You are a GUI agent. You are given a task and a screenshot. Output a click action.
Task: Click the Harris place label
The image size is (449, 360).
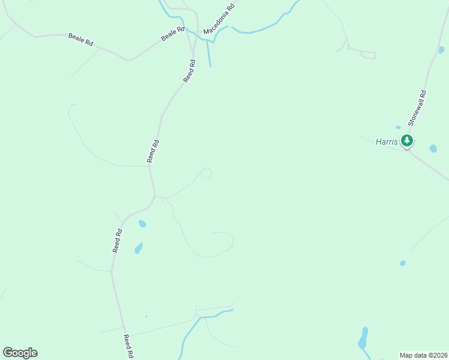click(x=387, y=142)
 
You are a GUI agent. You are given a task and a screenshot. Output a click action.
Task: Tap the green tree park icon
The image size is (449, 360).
click(x=408, y=142)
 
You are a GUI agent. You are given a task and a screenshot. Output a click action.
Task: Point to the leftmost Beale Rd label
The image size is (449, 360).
click(x=80, y=40)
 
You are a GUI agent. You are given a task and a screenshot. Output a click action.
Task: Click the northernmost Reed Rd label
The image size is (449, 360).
click(x=190, y=71)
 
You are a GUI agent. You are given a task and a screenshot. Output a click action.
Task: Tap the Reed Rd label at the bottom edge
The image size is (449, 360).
click(x=128, y=347)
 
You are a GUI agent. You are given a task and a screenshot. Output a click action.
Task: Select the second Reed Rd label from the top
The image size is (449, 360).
click(x=154, y=151)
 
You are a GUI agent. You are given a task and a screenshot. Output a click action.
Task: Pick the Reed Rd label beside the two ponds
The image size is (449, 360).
click(x=118, y=241)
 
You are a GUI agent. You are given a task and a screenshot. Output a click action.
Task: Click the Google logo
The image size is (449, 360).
click(x=20, y=353)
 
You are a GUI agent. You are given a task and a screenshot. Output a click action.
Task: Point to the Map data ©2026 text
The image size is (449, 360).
click(x=423, y=355)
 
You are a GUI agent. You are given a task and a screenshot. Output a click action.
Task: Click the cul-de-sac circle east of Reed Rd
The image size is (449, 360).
click(x=206, y=173)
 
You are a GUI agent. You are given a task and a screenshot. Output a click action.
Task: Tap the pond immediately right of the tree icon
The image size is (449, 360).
click(x=433, y=148)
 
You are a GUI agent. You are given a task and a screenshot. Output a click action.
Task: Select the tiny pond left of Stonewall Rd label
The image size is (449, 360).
click(x=398, y=127)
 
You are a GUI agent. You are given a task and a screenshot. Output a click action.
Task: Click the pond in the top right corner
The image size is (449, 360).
click(x=441, y=50)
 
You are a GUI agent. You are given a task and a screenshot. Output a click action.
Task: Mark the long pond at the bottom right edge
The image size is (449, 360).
click(x=363, y=340)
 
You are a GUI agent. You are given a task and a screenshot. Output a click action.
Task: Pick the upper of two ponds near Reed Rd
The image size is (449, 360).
click(x=142, y=224)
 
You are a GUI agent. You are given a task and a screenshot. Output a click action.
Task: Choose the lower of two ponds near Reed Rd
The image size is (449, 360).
click(x=139, y=248)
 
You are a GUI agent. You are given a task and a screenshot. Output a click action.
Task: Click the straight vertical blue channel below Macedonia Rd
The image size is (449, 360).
click(x=209, y=54)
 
